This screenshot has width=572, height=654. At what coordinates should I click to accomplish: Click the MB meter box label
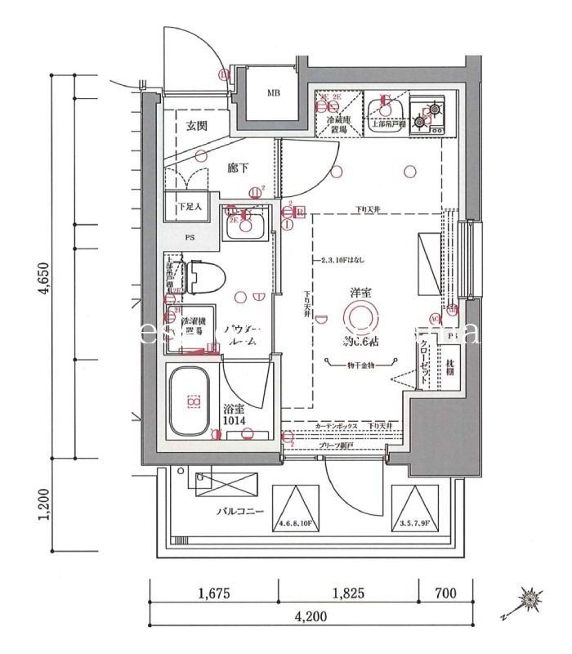273,92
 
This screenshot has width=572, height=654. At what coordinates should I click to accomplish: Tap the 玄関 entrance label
195,126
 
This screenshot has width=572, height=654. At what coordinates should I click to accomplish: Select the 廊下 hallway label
238,168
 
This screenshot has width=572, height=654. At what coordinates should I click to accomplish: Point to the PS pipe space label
190,240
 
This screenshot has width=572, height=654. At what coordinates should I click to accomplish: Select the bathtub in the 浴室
192,401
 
